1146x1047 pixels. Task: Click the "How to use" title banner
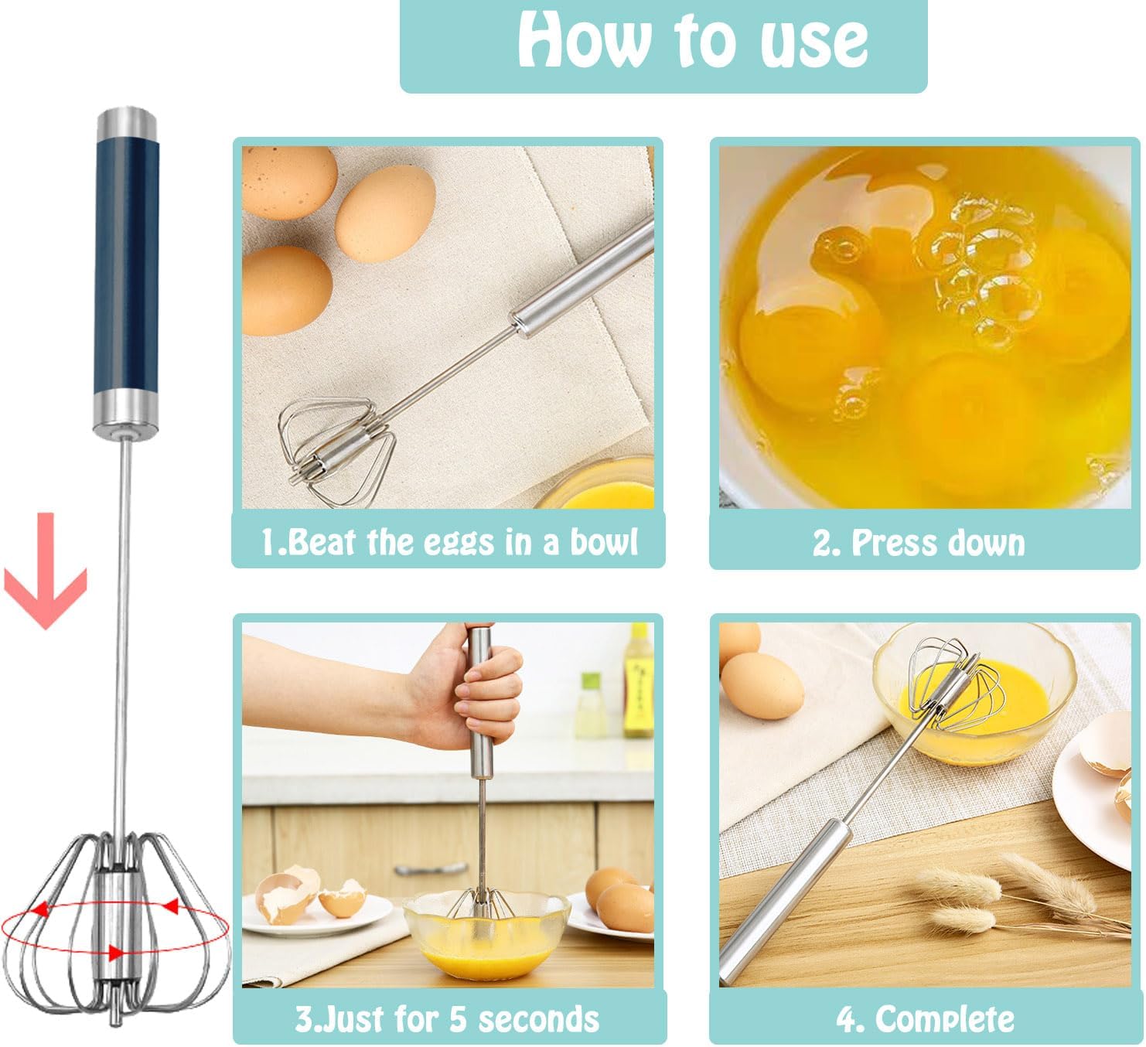(663, 46)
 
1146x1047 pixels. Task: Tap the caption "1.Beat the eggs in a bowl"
(449, 541)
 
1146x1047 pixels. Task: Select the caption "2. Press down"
(919, 542)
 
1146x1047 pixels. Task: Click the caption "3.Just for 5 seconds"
(447, 1019)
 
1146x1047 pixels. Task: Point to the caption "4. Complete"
(926, 1018)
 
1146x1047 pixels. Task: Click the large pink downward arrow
(46, 571)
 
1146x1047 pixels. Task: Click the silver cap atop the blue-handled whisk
(126, 121)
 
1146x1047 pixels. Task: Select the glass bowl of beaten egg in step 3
(486, 929)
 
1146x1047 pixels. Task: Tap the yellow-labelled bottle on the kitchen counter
(639, 680)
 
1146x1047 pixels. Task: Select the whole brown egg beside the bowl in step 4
(762, 686)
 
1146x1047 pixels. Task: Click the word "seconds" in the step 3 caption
(539, 1019)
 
